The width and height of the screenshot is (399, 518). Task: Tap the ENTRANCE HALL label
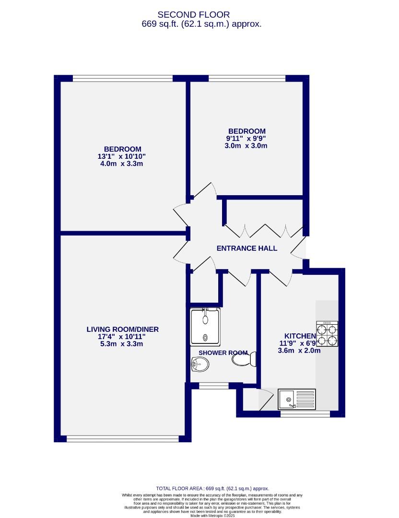[246, 248]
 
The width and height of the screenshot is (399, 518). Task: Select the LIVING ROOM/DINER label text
[122, 330]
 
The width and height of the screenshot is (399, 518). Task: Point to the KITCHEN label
[300, 336]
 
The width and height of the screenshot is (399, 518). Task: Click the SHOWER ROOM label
[223, 353]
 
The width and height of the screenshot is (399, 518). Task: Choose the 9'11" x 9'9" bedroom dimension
[246, 139]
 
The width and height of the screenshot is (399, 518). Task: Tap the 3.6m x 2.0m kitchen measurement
[299, 351]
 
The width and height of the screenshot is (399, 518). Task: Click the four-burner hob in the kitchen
[327, 334]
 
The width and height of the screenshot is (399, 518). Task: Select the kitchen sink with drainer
[297, 399]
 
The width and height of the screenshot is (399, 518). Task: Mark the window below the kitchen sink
[305, 413]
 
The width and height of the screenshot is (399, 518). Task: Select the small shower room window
[213, 385]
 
